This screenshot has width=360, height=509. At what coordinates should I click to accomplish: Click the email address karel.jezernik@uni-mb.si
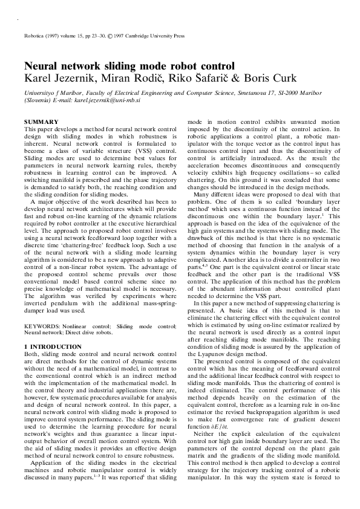(x=109, y=100)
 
